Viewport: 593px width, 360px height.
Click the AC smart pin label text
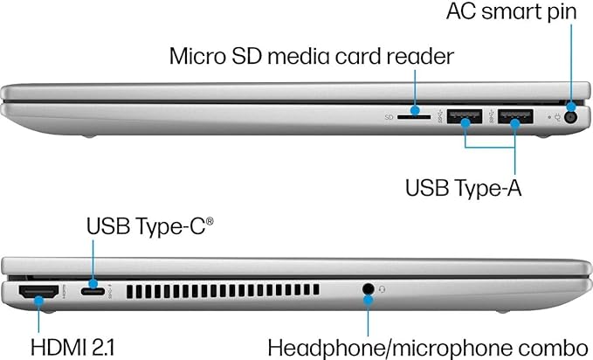coord(511,12)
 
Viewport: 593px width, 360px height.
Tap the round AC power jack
coord(570,117)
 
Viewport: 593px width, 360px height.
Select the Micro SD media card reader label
coord(311,57)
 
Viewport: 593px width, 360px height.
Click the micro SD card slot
coord(414,117)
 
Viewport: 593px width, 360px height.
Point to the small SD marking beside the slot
coord(389,117)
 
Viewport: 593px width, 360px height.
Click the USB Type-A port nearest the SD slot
coord(465,116)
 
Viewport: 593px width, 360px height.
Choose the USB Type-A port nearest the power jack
coord(515,116)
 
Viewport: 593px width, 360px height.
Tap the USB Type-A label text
coord(463,187)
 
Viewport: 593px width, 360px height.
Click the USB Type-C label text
coord(146,226)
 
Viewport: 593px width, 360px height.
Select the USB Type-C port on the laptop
coord(93,291)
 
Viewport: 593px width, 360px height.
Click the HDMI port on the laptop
coord(38,292)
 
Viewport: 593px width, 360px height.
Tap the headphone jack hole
coord(368,289)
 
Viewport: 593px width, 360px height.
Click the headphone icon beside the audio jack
coord(382,289)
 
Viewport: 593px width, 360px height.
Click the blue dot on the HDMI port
coord(38,301)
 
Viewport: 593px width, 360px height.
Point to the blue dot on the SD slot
coord(415,111)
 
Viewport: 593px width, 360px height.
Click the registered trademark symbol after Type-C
coord(210,221)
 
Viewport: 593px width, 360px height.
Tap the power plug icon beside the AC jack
coord(557,117)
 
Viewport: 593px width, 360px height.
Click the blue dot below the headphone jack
coord(368,301)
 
